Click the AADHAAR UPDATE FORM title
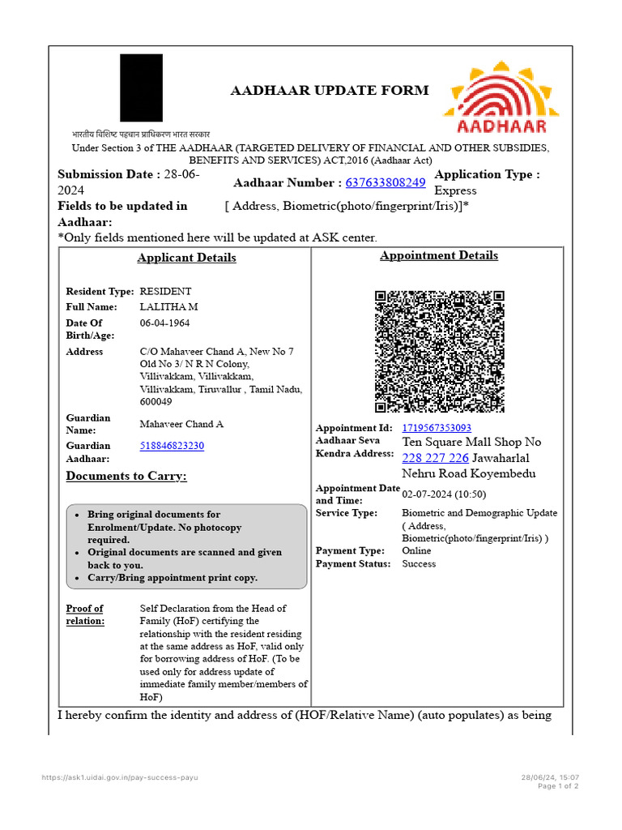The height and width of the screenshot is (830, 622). [330, 90]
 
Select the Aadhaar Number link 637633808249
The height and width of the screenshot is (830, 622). [386, 182]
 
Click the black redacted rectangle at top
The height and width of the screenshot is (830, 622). [141, 88]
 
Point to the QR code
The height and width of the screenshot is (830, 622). [440, 352]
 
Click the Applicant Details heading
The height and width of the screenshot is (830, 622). [186, 258]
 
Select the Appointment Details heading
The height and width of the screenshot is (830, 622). [439, 255]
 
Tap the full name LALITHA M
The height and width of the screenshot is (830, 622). [168, 307]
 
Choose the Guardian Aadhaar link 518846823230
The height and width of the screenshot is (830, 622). [172, 446]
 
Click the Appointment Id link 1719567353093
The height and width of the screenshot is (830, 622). [437, 427]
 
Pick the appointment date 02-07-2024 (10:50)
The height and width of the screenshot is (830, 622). [444, 494]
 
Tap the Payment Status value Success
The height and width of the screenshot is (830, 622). [419, 563]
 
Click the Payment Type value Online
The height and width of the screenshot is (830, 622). [418, 550]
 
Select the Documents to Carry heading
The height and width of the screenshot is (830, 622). [126, 476]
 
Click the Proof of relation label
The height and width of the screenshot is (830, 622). [85, 614]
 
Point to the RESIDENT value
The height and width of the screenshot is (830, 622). [166, 291]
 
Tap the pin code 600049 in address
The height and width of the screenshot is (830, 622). [155, 401]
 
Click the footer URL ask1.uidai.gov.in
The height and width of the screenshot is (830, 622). [120, 777]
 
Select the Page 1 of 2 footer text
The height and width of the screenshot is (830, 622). [558, 785]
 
